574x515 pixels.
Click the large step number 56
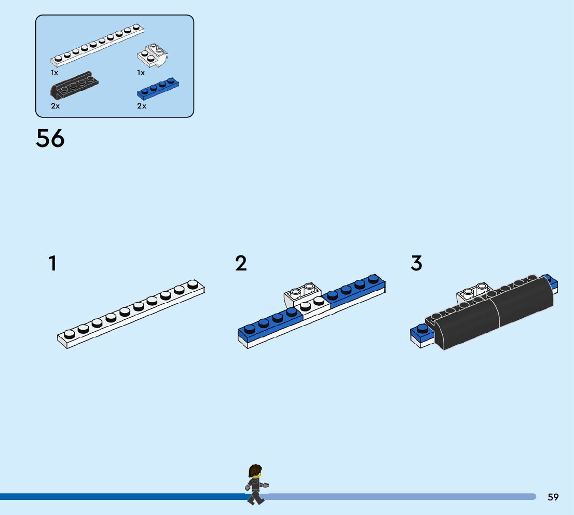pyautogui.click(x=50, y=139)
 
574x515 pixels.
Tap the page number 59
pyautogui.click(x=553, y=497)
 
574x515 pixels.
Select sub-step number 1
pyautogui.click(x=52, y=264)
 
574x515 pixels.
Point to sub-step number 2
pyautogui.click(x=241, y=264)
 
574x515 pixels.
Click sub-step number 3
pyautogui.click(x=416, y=264)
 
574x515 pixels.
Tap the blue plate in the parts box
pyautogui.click(x=158, y=89)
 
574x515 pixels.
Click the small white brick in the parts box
pyautogui.click(x=153, y=56)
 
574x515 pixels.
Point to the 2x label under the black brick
pyautogui.click(x=55, y=106)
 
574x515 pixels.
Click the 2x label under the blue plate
pyautogui.click(x=142, y=106)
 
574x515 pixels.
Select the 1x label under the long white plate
pyautogui.click(x=54, y=73)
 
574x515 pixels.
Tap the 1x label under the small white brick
pyautogui.click(x=141, y=73)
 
